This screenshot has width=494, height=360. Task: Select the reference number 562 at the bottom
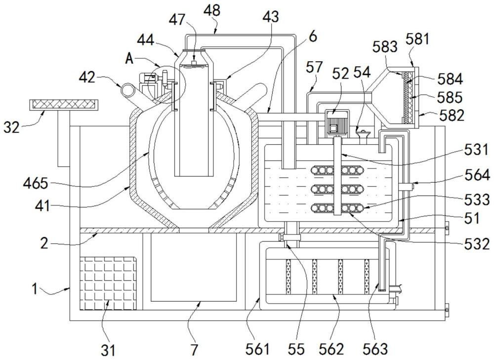[331, 350]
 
